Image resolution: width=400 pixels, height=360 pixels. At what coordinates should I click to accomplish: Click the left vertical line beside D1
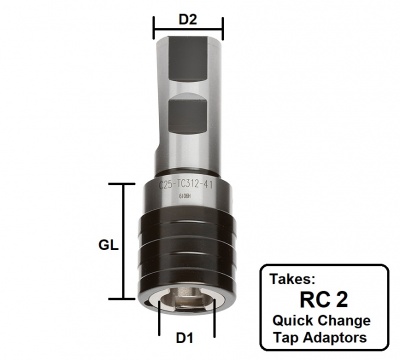coord(161,324)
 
